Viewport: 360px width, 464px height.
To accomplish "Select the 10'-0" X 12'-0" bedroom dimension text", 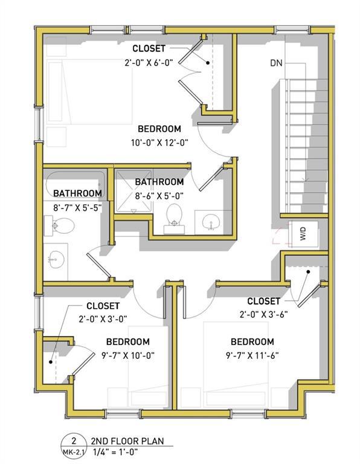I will pos(159,143).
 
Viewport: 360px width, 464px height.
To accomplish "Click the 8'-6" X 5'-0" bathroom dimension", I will pos(159,196).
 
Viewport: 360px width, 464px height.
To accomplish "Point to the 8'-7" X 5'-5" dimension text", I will pos(77,207).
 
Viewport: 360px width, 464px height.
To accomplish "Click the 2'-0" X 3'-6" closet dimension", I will pos(265,314).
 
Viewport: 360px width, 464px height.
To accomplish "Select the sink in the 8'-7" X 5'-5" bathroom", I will pos(56,258).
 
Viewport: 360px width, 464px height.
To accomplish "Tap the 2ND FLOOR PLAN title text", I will pos(127,442).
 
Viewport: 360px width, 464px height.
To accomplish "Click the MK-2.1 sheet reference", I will pos(72,452).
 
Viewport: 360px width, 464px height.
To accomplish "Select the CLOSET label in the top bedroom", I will pos(150,49).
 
